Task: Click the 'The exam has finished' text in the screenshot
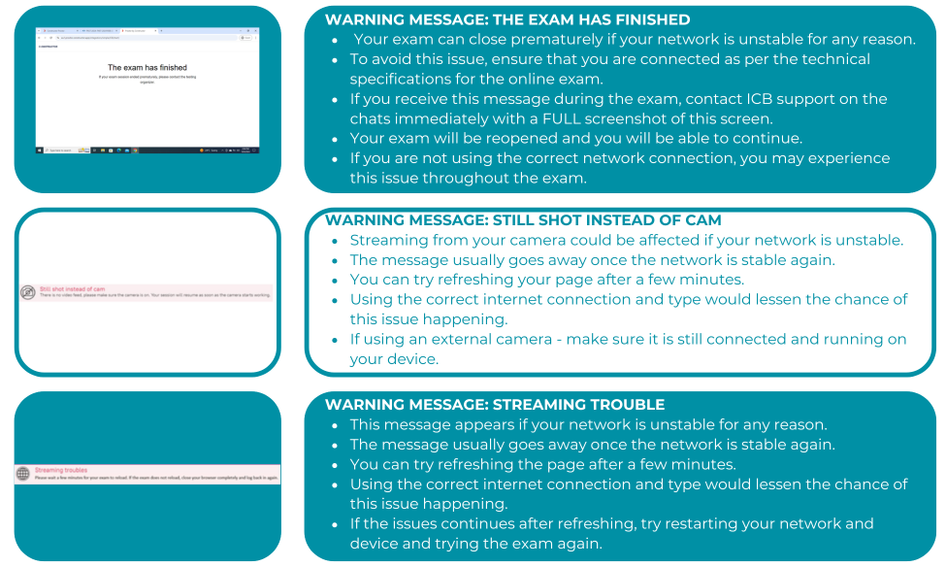click(x=147, y=68)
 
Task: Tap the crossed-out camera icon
click(x=27, y=292)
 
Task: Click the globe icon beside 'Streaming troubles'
click(x=23, y=474)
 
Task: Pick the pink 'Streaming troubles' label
click(x=61, y=470)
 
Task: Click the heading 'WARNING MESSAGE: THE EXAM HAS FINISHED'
click(x=507, y=19)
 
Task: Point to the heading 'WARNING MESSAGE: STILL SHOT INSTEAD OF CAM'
click(x=523, y=220)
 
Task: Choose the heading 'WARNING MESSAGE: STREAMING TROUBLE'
click(x=495, y=404)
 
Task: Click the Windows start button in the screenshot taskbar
click(x=40, y=150)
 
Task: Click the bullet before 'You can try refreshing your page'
click(x=336, y=281)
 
